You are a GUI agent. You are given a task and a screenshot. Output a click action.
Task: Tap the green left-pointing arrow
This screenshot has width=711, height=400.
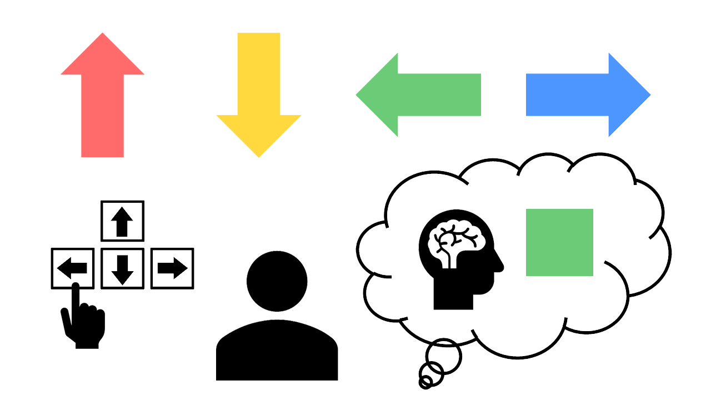pos(422,95)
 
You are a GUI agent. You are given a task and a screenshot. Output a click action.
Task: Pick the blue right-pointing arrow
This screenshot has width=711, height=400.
pos(583,95)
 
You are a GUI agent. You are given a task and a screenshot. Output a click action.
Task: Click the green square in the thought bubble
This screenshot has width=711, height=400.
pos(559,242)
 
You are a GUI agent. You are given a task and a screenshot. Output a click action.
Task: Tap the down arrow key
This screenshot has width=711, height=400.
pos(122,269)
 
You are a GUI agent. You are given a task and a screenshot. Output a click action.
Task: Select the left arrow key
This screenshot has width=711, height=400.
pos(72,269)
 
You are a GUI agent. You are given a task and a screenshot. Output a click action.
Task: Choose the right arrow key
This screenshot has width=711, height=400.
pos(172,269)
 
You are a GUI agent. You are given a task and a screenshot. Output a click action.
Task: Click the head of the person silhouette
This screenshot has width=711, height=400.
pos(277,281)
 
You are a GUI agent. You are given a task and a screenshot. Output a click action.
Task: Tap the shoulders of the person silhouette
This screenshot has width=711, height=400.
pos(277,350)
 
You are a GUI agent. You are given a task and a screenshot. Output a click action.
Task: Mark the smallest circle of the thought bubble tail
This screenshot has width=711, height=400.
pos(425,382)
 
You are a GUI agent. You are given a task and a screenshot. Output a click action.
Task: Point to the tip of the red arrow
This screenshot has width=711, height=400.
pos(102,34)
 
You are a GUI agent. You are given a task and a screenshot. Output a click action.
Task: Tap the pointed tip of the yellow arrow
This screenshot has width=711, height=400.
pos(258,156)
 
